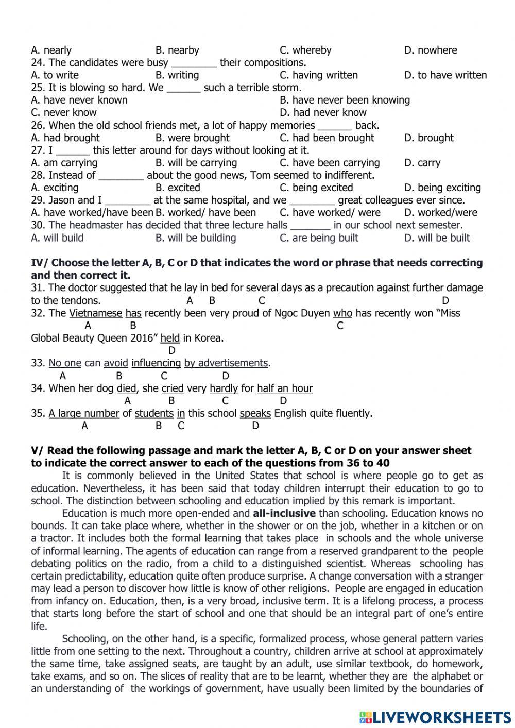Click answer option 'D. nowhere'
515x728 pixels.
[430, 50]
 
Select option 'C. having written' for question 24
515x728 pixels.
[318, 75]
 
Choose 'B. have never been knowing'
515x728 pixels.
[345, 100]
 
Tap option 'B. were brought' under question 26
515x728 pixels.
[192, 138]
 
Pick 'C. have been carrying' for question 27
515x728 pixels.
[330, 163]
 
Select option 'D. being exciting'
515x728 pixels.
[442, 188]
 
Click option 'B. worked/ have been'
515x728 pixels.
[205, 213]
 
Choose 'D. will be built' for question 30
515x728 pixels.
[437, 238]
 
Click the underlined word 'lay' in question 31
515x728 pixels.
[191, 288]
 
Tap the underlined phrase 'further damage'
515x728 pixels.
[448, 288]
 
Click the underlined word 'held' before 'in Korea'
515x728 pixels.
[170, 338]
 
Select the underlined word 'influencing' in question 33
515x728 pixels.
[156, 363]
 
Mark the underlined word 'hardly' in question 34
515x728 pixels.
[224, 388]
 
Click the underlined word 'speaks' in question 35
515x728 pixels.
[255, 413]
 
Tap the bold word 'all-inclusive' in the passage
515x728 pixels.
[284, 513]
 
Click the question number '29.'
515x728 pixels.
[38, 200]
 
